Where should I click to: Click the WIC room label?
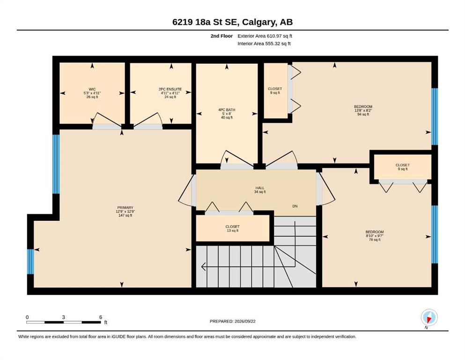pyautogui.click(x=92, y=89)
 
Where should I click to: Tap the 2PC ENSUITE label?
pyautogui.click(x=170, y=89)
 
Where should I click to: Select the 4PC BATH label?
pyautogui.click(x=227, y=110)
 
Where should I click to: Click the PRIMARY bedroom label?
pyautogui.click(x=125, y=208)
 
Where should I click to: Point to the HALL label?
pyautogui.click(x=260, y=188)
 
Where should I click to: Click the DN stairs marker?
pyautogui.click(x=295, y=206)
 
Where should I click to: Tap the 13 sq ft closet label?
pyautogui.click(x=232, y=229)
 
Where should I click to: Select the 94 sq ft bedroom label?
pyautogui.click(x=363, y=111)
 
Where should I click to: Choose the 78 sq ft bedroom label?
pyautogui.click(x=375, y=236)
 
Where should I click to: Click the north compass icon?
pyautogui.click(x=429, y=317)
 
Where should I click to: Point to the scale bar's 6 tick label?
pyautogui.click(x=101, y=317)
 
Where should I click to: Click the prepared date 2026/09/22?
pyautogui.click(x=245, y=321)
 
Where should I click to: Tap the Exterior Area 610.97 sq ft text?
pyautogui.click(x=265, y=36)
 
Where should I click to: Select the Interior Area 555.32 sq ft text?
pyautogui.click(x=264, y=44)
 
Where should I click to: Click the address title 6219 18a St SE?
pyautogui.click(x=206, y=22)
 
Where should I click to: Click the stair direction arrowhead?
pyautogui.click(x=203, y=267)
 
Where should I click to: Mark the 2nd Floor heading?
pyautogui.click(x=221, y=36)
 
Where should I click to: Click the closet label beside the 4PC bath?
pyautogui.click(x=275, y=89)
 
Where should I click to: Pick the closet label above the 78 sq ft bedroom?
pyautogui.click(x=402, y=165)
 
